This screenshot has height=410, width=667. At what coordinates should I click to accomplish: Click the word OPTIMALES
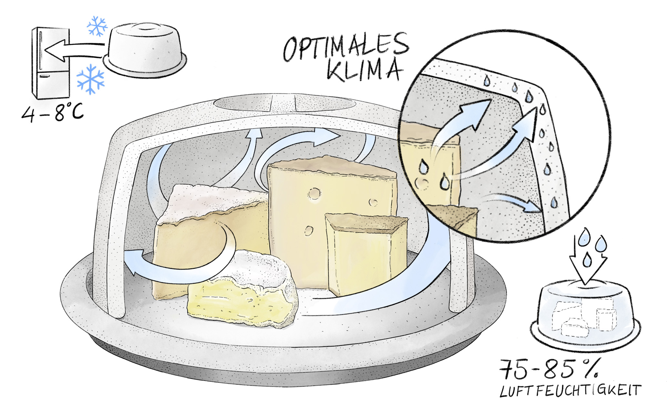click(345, 48)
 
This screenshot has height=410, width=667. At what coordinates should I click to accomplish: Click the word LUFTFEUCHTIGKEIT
click(570, 391)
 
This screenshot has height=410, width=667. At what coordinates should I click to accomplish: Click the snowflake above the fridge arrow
click(97, 26)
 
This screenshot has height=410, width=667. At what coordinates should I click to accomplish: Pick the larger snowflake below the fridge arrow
click(91, 79)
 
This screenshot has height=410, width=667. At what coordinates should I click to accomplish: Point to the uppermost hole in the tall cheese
click(314, 194)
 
